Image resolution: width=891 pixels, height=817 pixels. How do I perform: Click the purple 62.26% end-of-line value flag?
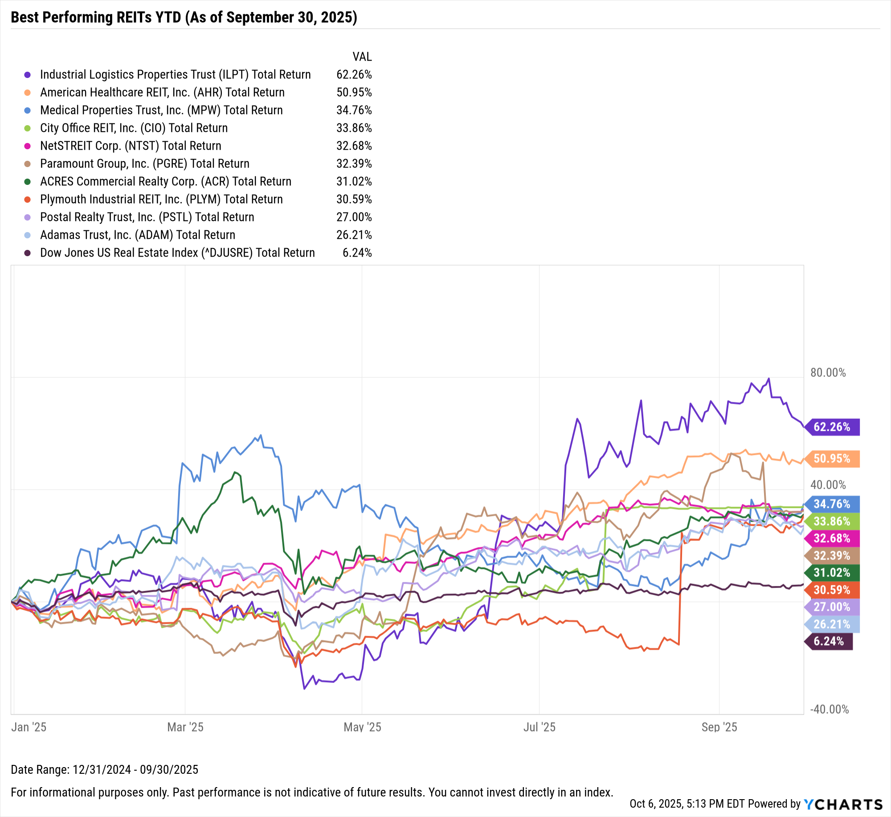point(832,427)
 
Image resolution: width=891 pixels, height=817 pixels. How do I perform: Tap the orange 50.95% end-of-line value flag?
point(832,458)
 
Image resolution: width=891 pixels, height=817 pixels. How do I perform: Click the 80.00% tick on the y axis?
point(828,372)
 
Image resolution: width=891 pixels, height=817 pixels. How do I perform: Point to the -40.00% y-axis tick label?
point(829,709)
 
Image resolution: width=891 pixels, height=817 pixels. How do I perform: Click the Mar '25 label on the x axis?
point(185,727)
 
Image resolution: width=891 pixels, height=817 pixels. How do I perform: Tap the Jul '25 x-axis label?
point(539,727)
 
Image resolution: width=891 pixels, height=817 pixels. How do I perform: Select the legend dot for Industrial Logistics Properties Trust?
point(28,75)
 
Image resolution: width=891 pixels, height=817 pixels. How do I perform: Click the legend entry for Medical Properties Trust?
point(161,110)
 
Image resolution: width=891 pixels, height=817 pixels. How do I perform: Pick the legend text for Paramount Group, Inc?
point(144,163)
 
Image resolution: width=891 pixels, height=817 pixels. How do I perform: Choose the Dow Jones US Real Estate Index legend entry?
point(177,253)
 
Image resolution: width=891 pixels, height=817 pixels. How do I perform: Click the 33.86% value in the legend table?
point(354,128)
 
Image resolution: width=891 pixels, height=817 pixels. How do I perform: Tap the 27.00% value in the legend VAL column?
point(354,217)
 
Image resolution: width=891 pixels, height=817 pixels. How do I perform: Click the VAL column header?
point(362,57)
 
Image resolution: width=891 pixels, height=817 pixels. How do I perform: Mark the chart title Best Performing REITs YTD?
point(184,17)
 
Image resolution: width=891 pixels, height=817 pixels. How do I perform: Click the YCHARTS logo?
point(843,804)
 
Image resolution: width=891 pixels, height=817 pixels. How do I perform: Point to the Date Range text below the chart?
point(104,769)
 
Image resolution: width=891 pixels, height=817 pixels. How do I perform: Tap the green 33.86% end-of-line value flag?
point(832,521)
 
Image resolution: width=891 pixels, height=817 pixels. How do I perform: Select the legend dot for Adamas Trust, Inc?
point(28,235)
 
